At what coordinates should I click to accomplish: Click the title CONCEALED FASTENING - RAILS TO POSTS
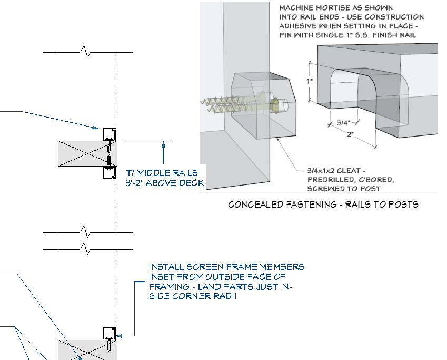pos(323,205)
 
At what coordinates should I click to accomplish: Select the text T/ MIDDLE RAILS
pos(162,173)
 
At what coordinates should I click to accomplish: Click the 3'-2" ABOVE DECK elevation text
pos(164,183)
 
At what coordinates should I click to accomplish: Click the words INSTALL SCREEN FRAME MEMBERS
pos(226,267)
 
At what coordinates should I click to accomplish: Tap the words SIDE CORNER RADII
pos(192,297)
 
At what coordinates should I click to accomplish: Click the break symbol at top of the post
pos(86,53)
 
